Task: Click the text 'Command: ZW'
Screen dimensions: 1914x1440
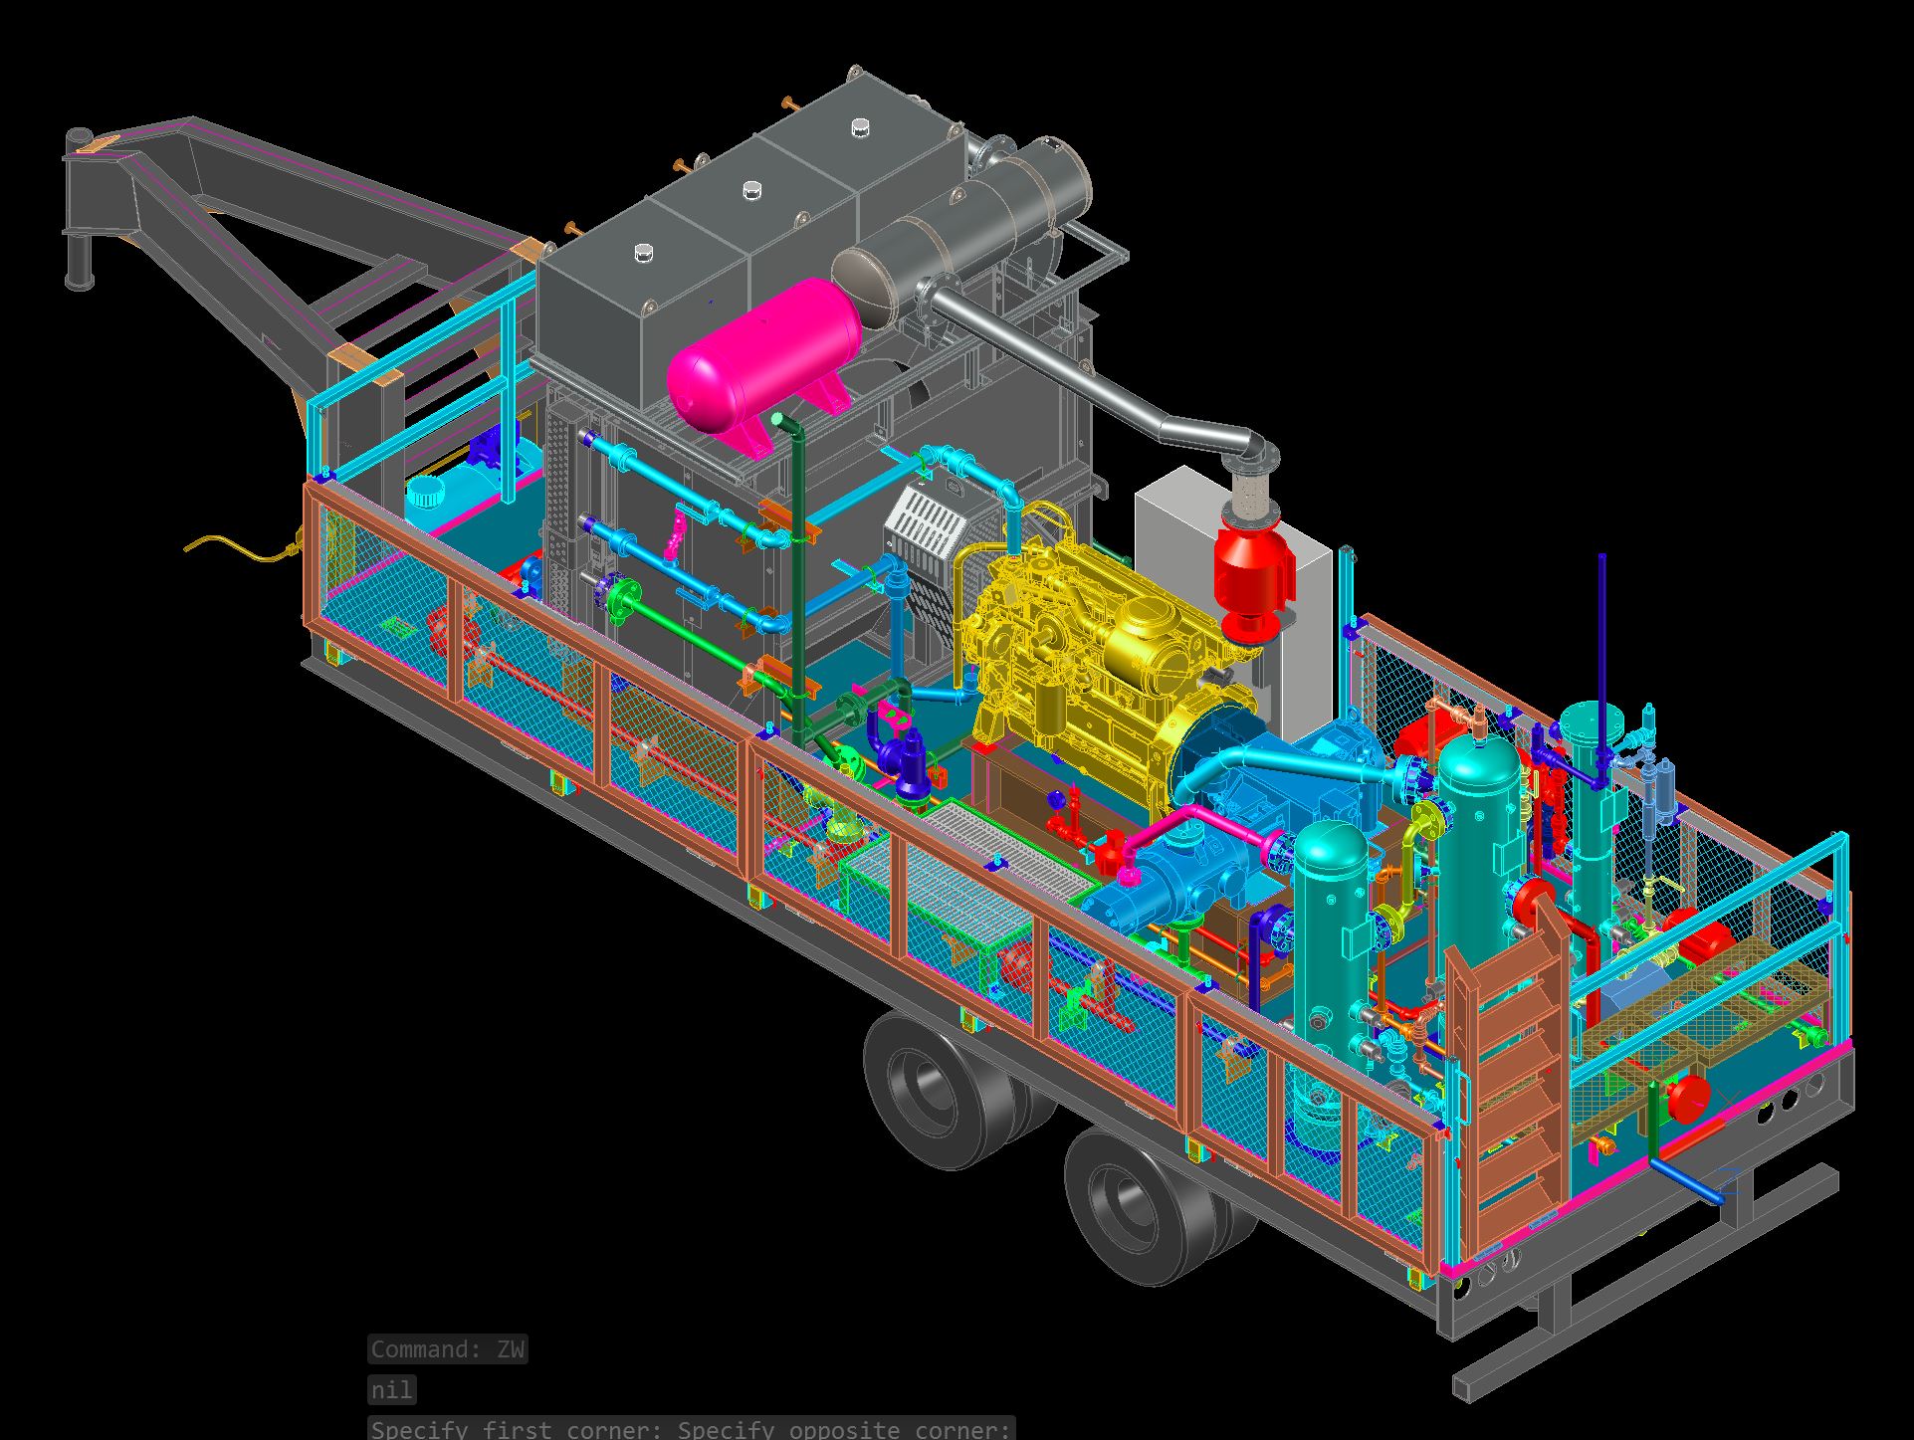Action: click(447, 1349)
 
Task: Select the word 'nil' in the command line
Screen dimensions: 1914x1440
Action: click(391, 1389)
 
